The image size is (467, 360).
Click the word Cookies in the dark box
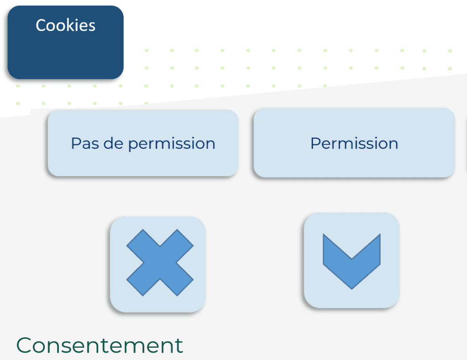pos(66,25)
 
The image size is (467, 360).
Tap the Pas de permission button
pos(143,143)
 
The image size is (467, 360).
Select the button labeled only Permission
pos(354,143)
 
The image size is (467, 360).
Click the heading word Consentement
pos(99,345)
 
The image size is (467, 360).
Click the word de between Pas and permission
pos(113,143)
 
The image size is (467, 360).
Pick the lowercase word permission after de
pos(171,144)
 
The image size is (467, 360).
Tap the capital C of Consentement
pos(24,345)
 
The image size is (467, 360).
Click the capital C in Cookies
pos(41,26)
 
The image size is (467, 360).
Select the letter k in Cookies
pos(70,25)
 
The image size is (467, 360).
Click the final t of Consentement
pos(179,346)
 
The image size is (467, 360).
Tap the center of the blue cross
pos(160,262)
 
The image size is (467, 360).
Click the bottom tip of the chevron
pos(352,289)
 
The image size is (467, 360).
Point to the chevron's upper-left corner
pos(323,234)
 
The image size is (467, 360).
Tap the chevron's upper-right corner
pos(380,234)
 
